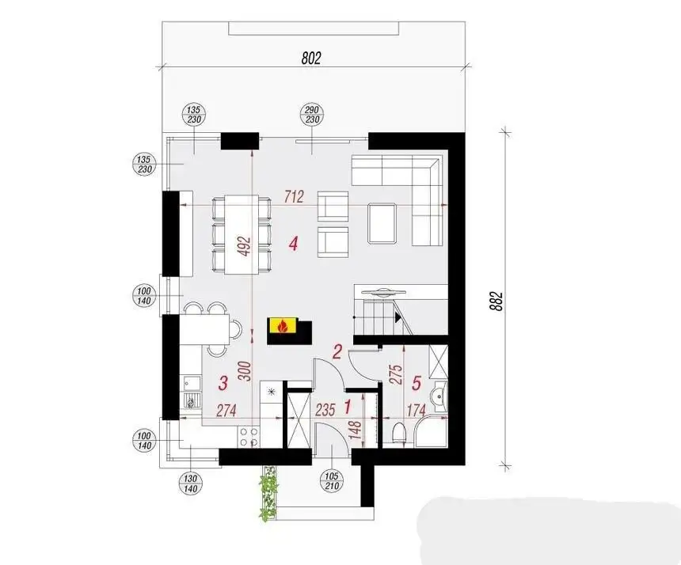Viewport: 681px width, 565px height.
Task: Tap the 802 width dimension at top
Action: [311, 58]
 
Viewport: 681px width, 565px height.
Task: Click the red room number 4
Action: [294, 244]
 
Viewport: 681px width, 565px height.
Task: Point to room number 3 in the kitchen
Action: [223, 383]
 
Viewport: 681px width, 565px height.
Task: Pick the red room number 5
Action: [416, 383]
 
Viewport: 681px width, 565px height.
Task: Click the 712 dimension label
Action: [294, 197]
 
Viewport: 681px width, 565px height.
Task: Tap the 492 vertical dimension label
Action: [245, 246]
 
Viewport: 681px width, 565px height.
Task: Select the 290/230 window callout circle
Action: [312, 115]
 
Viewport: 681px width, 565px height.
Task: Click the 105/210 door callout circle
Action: [332, 481]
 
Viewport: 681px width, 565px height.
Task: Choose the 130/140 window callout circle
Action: [191, 483]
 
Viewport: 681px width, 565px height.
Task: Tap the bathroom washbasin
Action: [439, 395]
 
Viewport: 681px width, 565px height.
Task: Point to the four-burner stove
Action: [249, 437]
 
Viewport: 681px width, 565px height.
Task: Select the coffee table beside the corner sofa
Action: [382, 223]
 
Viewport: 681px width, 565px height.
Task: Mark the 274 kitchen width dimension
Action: [226, 410]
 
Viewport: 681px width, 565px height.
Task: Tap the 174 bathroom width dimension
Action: [416, 410]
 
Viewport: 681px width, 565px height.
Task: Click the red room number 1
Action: [348, 407]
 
